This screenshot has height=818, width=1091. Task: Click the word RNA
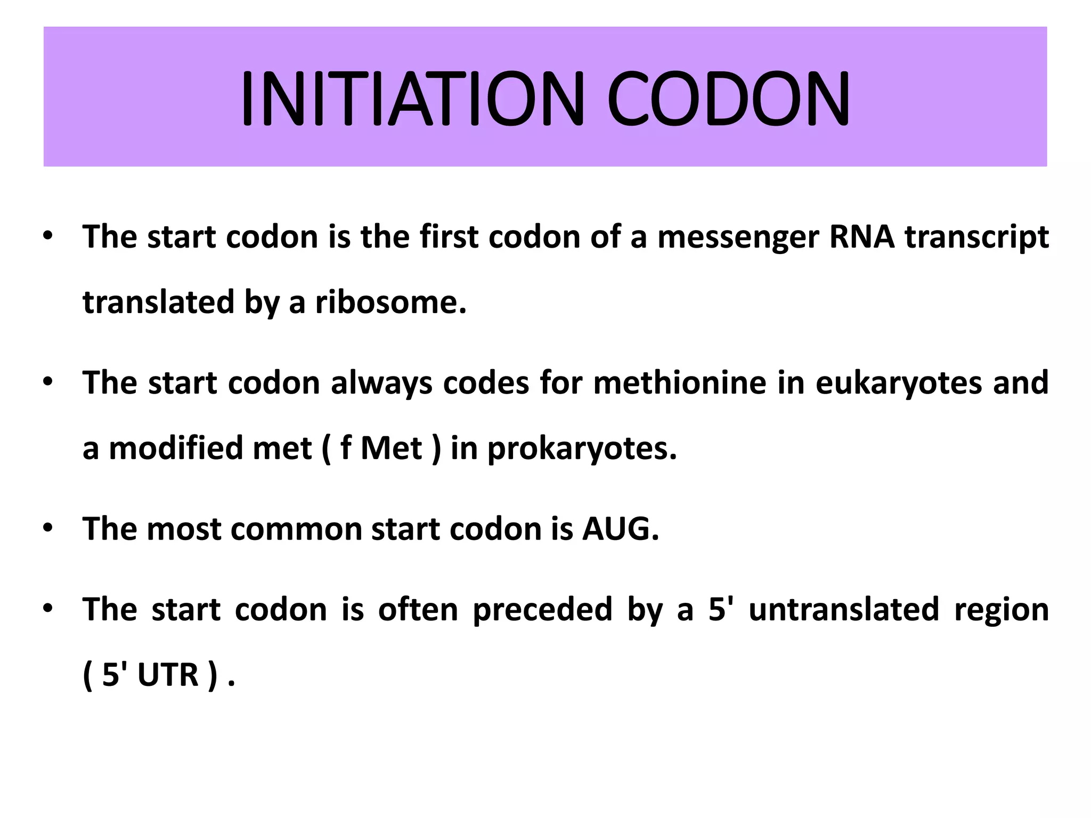click(862, 237)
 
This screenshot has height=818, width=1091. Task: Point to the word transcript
click(977, 237)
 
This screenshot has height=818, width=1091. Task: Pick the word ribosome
click(390, 302)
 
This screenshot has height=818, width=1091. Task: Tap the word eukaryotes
click(898, 383)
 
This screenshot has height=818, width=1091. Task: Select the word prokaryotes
click(582, 448)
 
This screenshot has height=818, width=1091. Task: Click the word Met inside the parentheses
click(391, 448)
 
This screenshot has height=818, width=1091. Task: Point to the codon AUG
click(620, 529)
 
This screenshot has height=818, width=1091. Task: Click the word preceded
click(542, 610)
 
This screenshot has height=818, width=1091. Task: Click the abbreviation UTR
click(168, 675)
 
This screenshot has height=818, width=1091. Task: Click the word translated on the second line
click(158, 302)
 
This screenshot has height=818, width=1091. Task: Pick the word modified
click(176, 448)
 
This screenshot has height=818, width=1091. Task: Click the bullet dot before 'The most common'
click(48, 528)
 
